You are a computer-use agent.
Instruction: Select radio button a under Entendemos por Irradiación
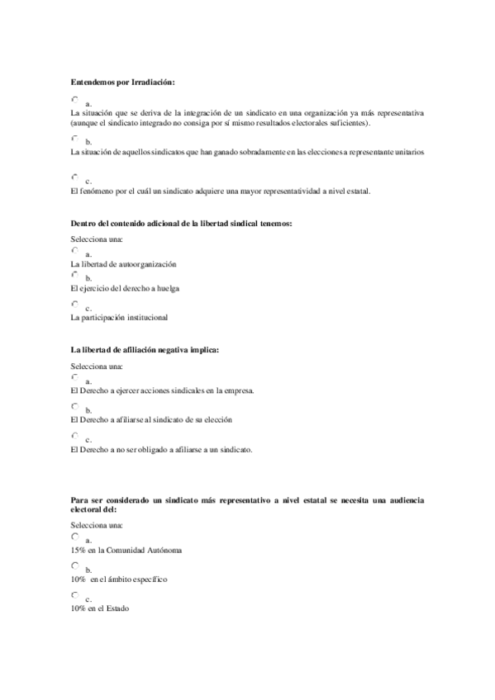[x=75, y=99]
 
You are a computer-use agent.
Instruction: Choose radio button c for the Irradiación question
[x=75, y=177]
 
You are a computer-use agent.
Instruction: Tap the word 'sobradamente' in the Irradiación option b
[x=253, y=153]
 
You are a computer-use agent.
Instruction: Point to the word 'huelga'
[x=168, y=289]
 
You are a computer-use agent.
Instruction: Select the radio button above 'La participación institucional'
[x=75, y=304]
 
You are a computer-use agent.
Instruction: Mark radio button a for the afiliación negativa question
[x=75, y=376]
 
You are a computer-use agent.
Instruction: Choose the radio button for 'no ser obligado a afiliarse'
[x=75, y=435]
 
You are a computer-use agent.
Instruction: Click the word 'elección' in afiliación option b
[x=217, y=419]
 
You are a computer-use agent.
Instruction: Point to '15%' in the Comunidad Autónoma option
[x=79, y=550]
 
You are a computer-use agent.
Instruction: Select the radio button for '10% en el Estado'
[x=75, y=594]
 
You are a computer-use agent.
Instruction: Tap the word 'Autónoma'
[x=163, y=550]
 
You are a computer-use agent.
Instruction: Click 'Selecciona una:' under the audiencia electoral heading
[x=97, y=525]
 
